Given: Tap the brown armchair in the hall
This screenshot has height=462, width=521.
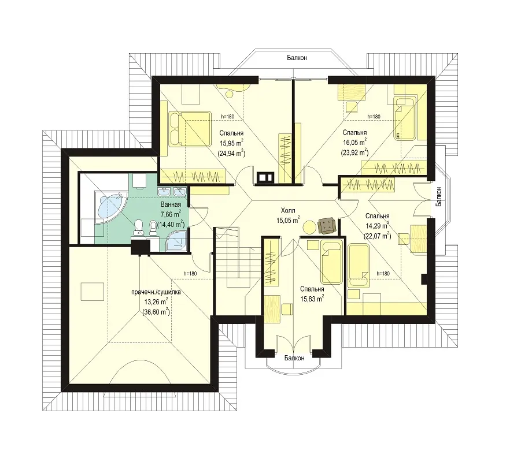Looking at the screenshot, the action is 327,225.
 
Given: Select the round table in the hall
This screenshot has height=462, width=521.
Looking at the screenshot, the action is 310,228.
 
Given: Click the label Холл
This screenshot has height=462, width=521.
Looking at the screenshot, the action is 288,210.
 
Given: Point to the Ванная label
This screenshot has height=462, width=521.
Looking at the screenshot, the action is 171,204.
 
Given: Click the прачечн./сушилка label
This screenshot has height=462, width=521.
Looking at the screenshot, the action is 156,292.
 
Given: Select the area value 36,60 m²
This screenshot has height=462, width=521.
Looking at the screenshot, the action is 156,312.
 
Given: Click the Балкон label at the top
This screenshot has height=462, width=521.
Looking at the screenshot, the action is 297,58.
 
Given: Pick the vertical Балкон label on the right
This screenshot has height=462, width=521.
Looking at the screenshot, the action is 439,197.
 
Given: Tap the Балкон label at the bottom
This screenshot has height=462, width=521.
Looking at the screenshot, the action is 294,358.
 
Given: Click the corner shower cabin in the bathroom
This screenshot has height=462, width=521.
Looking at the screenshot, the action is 176,241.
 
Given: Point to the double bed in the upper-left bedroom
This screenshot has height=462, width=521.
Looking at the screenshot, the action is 190,129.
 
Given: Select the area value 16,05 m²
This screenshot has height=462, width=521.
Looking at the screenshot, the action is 355,142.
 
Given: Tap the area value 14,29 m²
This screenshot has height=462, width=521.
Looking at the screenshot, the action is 378,226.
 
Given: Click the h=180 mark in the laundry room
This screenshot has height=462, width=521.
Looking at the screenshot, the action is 190,274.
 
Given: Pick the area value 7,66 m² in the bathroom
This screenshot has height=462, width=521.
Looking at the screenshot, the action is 171,214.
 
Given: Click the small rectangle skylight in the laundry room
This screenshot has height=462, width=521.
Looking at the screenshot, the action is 93,292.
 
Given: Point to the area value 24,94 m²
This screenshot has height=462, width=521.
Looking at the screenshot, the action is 231,153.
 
